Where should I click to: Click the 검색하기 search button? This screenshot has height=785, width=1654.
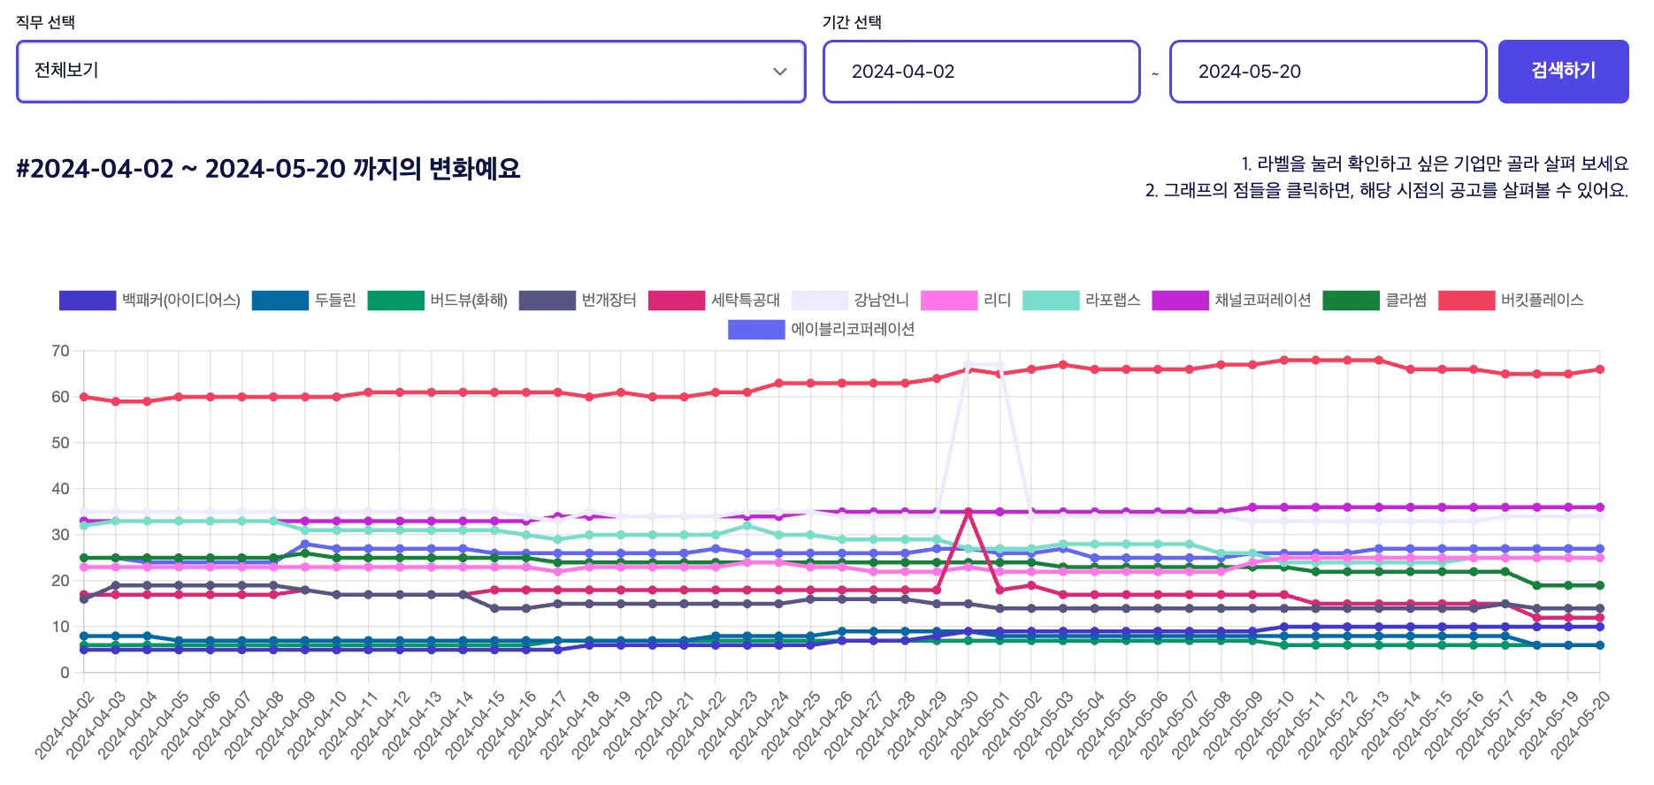1563,71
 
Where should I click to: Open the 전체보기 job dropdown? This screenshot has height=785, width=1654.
410,71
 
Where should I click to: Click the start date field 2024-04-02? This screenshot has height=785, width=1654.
980,71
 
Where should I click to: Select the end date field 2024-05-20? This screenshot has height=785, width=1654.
1327,71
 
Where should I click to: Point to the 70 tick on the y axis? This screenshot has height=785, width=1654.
60,351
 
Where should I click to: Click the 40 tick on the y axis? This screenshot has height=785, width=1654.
60,489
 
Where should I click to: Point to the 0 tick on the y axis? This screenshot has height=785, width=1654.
65,673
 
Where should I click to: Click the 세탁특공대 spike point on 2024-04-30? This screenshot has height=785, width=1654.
969,512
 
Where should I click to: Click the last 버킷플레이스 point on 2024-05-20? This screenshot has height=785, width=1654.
1599,370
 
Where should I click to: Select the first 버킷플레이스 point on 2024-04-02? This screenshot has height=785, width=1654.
84,397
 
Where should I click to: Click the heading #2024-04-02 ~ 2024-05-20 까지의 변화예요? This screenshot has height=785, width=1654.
268,168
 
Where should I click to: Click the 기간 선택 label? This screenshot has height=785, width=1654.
851,22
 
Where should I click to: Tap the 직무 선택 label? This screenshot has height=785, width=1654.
45,22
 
